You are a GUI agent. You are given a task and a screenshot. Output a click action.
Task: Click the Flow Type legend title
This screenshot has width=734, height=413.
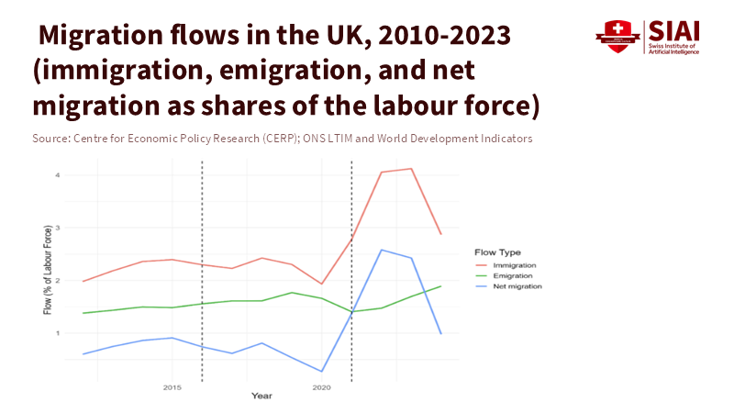pyautogui.click(x=497, y=251)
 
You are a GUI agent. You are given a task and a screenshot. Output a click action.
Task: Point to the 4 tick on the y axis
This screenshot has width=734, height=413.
pyautogui.click(x=57, y=174)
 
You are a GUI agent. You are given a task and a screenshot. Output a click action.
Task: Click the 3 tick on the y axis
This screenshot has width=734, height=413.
pyautogui.click(x=57, y=228)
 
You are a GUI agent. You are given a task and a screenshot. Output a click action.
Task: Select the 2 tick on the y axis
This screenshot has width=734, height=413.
pyautogui.click(x=57, y=280)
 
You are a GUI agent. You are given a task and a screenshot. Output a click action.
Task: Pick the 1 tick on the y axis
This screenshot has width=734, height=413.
pyautogui.click(x=57, y=333)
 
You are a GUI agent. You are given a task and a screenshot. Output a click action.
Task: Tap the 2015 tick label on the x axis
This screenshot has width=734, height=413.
pyautogui.click(x=172, y=388)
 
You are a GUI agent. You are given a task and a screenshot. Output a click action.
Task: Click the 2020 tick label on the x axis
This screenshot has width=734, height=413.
pyautogui.click(x=321, y=388)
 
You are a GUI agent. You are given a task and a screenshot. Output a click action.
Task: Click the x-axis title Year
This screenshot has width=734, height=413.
pyautogui.click(x=262, y=396)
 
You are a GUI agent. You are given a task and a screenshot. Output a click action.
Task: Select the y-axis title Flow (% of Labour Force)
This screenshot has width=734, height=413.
pyautogui.click(x=47, y=274)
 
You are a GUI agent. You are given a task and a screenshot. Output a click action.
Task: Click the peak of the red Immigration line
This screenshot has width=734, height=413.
pyautogui.click(x=411, y=169)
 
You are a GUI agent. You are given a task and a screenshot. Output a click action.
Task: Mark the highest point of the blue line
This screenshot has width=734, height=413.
pyautogui.click(x=382, y=250)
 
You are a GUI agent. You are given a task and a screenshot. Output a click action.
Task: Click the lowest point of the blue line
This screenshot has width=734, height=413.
pyautogui.click(x=321, y=372)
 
